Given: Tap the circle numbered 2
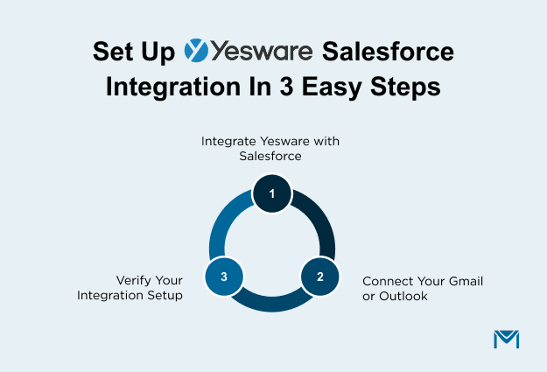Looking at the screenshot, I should [320, 277].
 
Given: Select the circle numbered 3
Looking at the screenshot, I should [224, 277].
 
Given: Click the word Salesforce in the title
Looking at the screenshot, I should [388, 52].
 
